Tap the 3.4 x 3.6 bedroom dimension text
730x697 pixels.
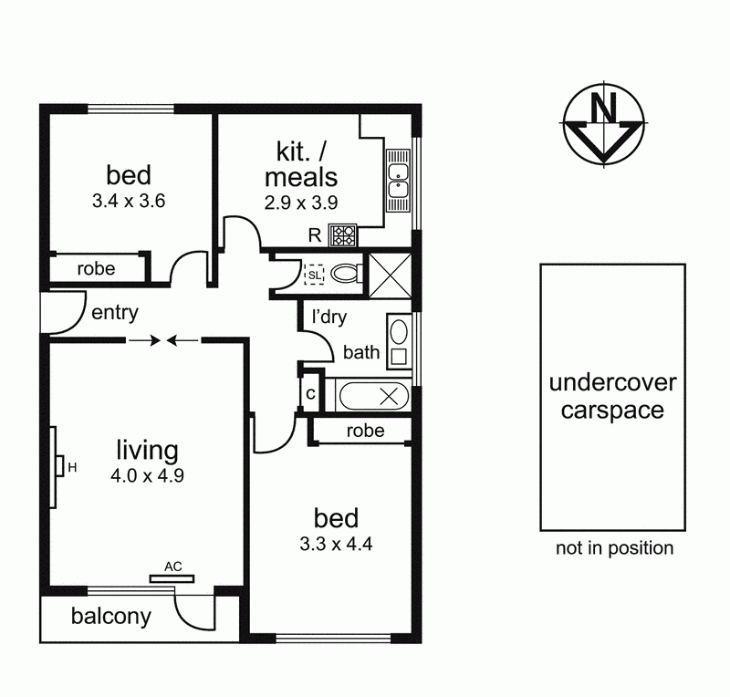coord(128,201)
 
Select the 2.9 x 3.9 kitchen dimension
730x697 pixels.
coord(301,203)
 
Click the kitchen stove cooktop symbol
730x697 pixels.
coord(343,235)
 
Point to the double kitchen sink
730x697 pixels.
coord(399,179)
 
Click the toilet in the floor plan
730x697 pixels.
coord(346,273)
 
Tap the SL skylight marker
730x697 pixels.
coord(315,274)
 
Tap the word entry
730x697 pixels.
coord(115,314)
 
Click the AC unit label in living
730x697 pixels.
coord(173,566)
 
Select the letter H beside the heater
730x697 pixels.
coord(71,468)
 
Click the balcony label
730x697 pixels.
coord(110,617)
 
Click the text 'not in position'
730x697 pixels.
coord(615,548)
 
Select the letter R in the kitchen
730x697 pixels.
coord(314,235)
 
